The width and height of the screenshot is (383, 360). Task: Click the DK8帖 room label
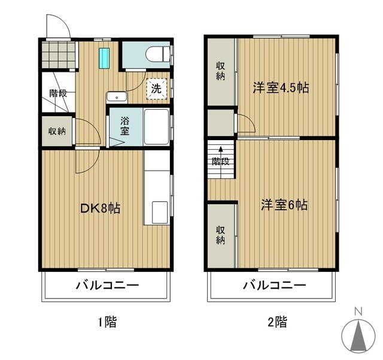(x=101, y=208)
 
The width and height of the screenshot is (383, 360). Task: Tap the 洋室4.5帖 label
(x=280, y=87)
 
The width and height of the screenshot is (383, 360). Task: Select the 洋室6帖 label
(x=284, y=205)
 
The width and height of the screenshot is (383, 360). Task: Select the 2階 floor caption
(x=276, y=322)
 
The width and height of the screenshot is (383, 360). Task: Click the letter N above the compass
(x=358, y=311)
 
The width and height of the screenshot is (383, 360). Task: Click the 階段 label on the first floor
(x=57, y=93)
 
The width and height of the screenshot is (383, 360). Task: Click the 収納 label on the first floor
(x=57, y=131)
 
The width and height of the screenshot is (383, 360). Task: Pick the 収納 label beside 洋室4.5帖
(x=220, y=71)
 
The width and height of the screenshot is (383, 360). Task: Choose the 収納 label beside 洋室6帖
(x=220, y=235)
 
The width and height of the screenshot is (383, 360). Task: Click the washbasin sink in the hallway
(x=116, y=96)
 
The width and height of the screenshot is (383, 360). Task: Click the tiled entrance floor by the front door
(x=58, y=55)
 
